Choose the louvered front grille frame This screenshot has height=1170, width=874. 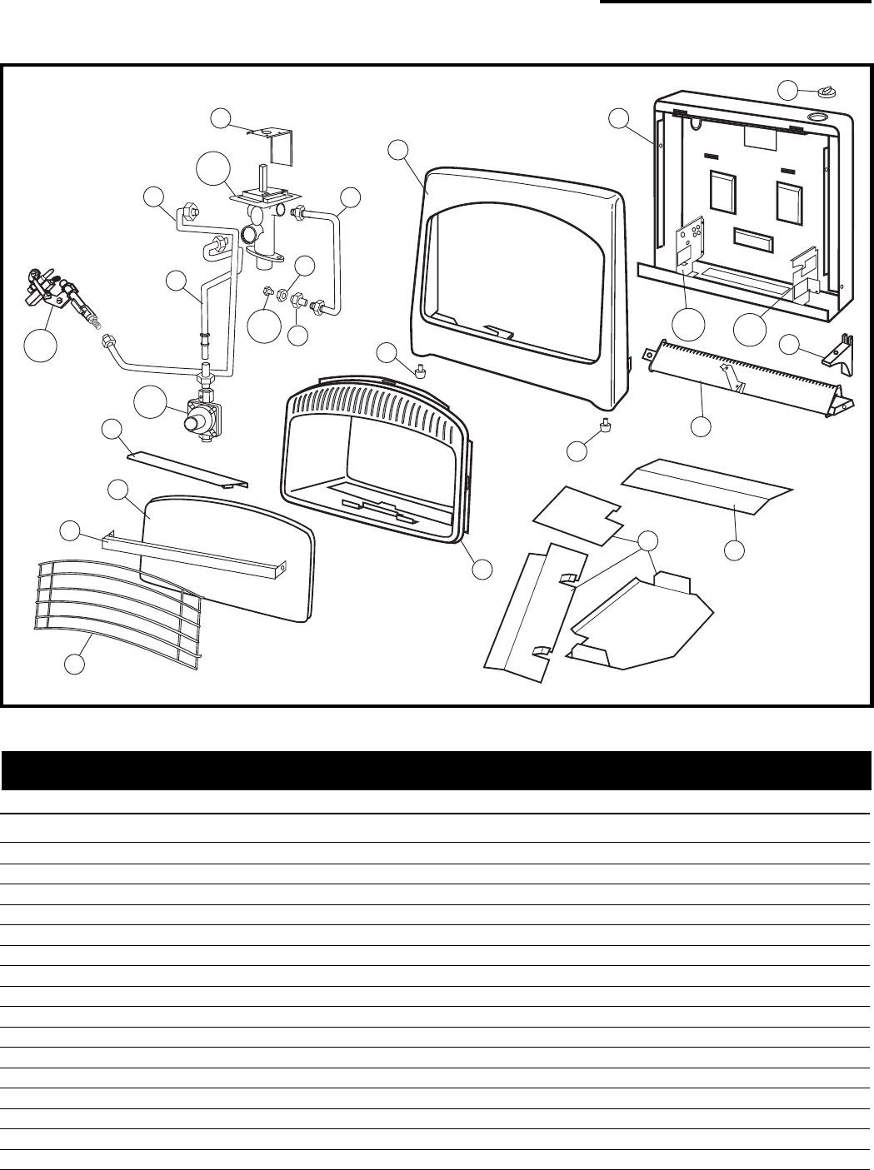pos(375,462)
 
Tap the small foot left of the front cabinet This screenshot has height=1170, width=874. pos(421,370)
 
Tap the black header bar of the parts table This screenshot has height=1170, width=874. pos(436,770)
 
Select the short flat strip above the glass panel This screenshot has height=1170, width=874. pos(187,470)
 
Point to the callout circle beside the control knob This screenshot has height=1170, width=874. pos(788,90)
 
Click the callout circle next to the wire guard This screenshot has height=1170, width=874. pos(75,664)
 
